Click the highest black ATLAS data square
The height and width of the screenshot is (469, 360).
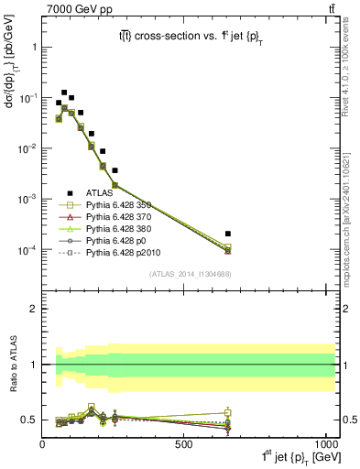[x=64, y=93]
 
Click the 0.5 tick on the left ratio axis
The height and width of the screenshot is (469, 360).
[x=30, y=420]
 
